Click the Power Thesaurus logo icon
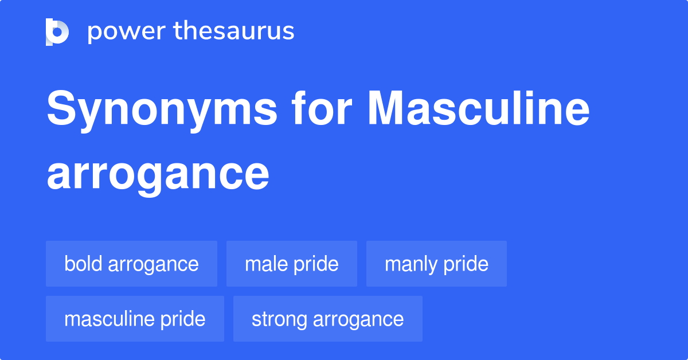(57, 32)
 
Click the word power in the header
(127, 32)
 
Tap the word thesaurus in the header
(234, 30)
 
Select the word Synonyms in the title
(162, 111)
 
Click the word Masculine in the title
(479, 108)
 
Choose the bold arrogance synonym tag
(131, 264)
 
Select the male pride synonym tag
(292, 264)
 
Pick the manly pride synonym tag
(436, 264)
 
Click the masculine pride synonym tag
(135, 319)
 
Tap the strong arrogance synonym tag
(328, 319)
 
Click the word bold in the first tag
(83, 264)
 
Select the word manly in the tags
(411, 265)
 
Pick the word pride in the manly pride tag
(466, 265)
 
